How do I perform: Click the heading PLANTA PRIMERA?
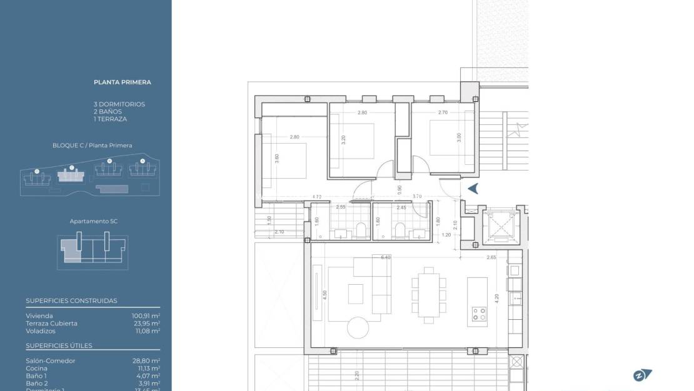pos(123,82)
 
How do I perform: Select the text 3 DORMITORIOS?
pos(119,104)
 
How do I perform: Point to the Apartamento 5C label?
pos(94,221)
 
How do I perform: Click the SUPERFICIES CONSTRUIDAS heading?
pos(71,300)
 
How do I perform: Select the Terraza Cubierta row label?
pos(52,324)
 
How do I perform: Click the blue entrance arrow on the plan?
pos(473,189)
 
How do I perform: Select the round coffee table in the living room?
pos(358,327)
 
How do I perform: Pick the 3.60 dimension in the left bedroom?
pos(277,159)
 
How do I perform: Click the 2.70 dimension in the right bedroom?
pos(443,112)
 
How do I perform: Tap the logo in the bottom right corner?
pos(642,375)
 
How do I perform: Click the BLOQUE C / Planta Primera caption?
pos(92,146)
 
